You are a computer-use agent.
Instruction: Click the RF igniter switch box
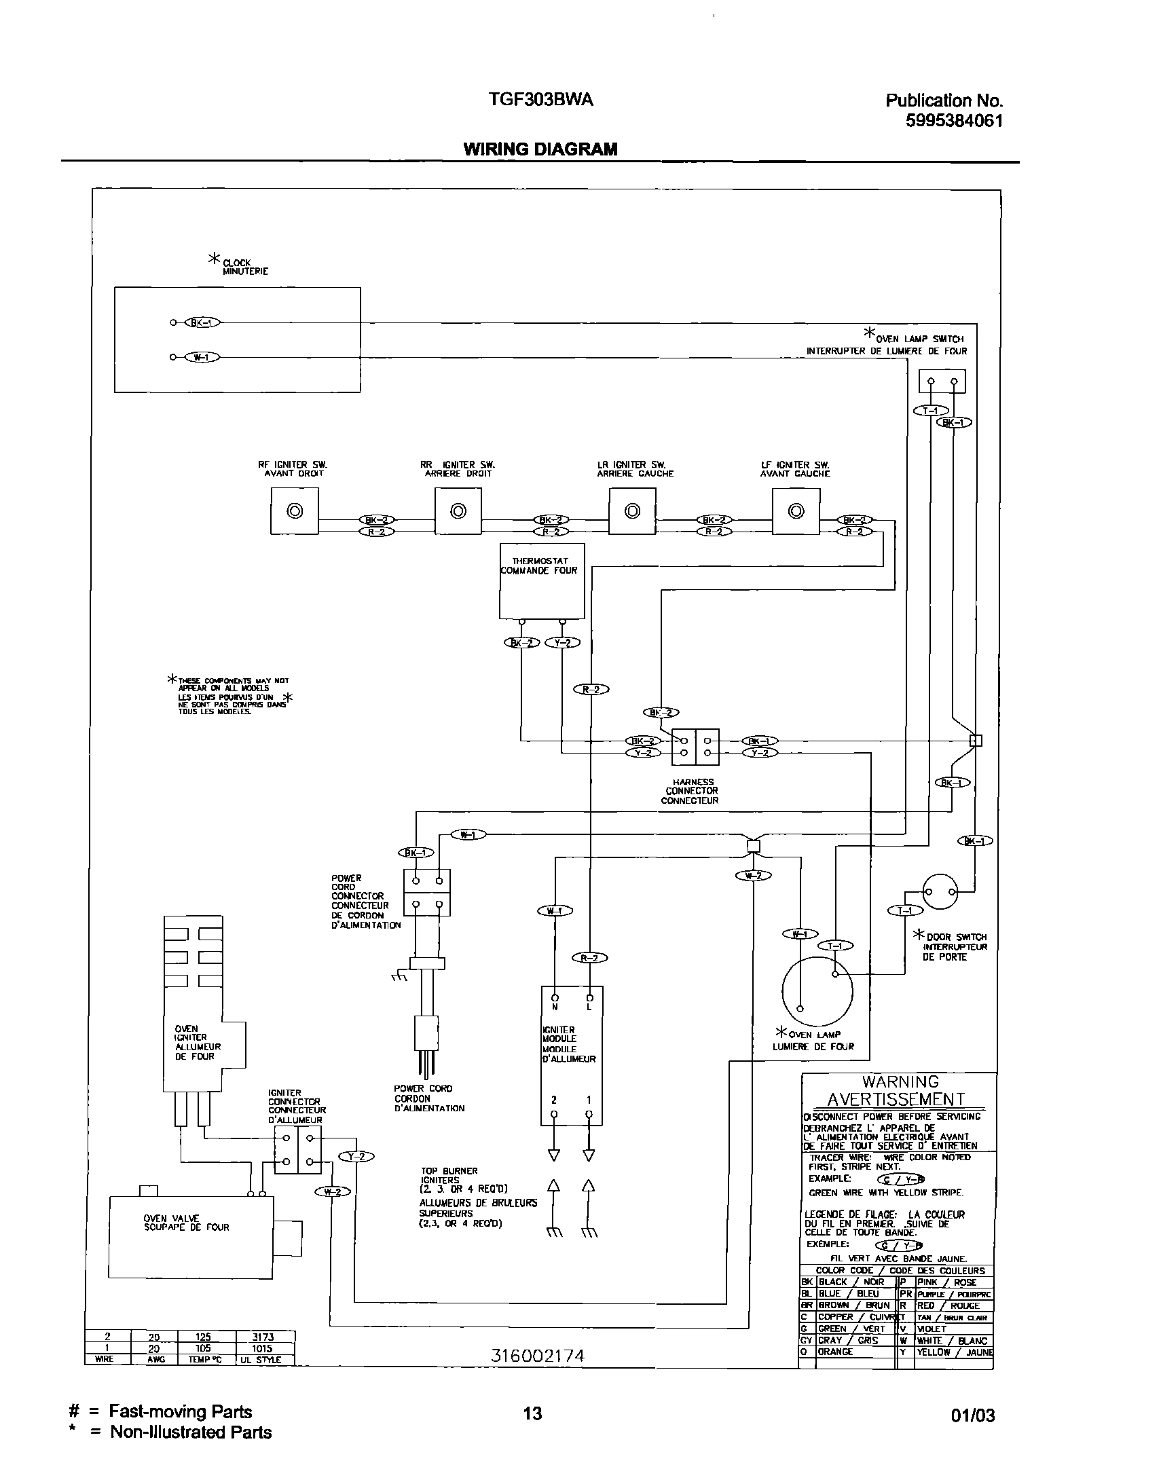(295, 511)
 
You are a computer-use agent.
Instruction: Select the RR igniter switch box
(458, 511)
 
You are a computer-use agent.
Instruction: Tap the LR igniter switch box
(632, 511)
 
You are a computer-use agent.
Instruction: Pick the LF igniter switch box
(796, 511)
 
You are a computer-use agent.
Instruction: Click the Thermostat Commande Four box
(542, 582)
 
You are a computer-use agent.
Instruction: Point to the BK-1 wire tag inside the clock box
(202, 322)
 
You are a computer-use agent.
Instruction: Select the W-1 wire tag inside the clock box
(202, 356)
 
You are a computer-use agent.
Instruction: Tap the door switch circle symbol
(940, 891)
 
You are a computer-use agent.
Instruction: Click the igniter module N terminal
(555, 997)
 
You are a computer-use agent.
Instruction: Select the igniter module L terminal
(589, 997)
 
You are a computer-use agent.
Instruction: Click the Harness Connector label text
(691, 791)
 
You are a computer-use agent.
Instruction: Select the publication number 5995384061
(955, 121)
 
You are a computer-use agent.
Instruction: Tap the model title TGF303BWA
(540, 100)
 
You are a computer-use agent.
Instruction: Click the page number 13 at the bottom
(533, 1413)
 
